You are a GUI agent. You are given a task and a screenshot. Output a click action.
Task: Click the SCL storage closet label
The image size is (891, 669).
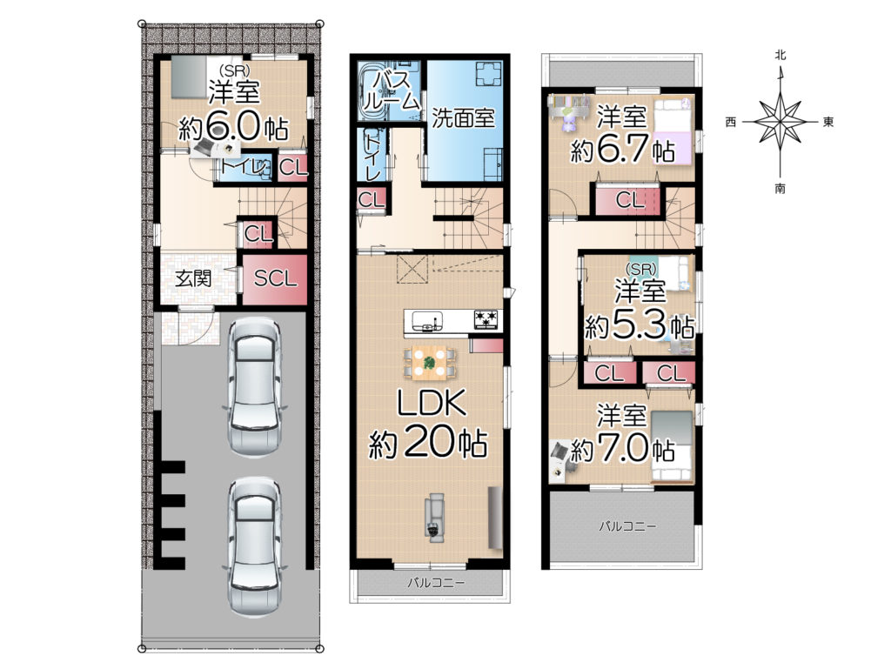pyautogui.click(x=275, y=278)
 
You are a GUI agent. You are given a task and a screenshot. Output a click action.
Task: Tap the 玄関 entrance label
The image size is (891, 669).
pyautogui.click(x=192, y=279)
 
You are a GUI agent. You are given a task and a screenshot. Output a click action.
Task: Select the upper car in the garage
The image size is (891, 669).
pyautogui.click(x=255, y=387)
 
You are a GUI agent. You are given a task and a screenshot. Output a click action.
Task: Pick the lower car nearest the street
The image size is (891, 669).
pyautogui.click(x=255, y=546)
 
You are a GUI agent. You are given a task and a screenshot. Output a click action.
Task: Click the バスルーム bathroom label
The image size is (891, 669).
pyautogui.click(x=392, y=90)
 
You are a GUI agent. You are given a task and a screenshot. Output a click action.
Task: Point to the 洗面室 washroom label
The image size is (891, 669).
pyautogui.click(x=463, y=117)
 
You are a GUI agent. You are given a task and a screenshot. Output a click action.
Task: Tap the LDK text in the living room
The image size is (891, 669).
pyautogui.click(x=432, y=403)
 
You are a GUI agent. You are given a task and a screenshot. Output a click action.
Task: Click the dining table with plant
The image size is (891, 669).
pyautogui.click(x=429, y=362)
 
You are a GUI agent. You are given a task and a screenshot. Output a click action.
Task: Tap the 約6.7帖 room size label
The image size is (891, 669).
pyautogui.click(x=623, y=151)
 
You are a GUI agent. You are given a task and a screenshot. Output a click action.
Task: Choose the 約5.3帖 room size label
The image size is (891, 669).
pyautogui.click(x=640, y=326)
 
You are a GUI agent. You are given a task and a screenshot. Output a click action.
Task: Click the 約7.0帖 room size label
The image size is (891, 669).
pyautogui.click(x=623, y=450)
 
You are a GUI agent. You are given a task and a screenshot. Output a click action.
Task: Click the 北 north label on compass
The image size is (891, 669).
pyautogui.click(x=780, y=55)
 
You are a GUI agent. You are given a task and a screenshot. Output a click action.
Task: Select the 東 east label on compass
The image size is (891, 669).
pyautogui.click(x=828, y=122)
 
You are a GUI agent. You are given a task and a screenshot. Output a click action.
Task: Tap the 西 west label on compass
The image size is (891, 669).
pyautogui.click(x=731, y=122)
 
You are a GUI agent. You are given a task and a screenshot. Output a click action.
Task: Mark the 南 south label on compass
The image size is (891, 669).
pyautogui.click(x=780, y=188)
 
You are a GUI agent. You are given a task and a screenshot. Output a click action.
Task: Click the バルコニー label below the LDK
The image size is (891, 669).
pyautogui.click(x=436, y=583)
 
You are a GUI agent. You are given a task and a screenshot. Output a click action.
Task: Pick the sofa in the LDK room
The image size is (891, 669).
pyautogui.click(x=436, y=518)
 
